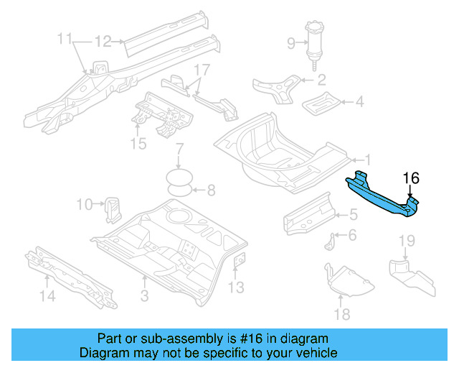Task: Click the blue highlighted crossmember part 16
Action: (384, 196)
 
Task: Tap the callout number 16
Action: (410, 178)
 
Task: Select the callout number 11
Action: (65, 38)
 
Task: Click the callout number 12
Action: (103, 42)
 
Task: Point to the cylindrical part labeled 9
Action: (314, 42)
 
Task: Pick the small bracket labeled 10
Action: (113, 207)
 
